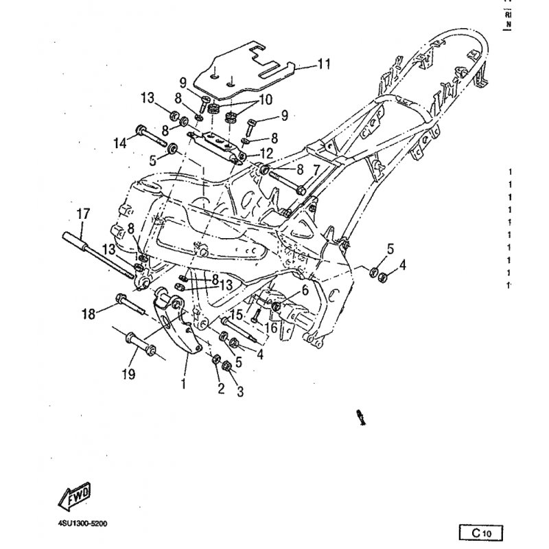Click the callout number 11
click(x=324, y=65)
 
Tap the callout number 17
click(x=82, y=214)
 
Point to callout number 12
click(x=266, y=152)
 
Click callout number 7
click(x=316, y=169)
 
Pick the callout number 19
click(x=128, y=374)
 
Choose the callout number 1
click(x=183, y=384)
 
